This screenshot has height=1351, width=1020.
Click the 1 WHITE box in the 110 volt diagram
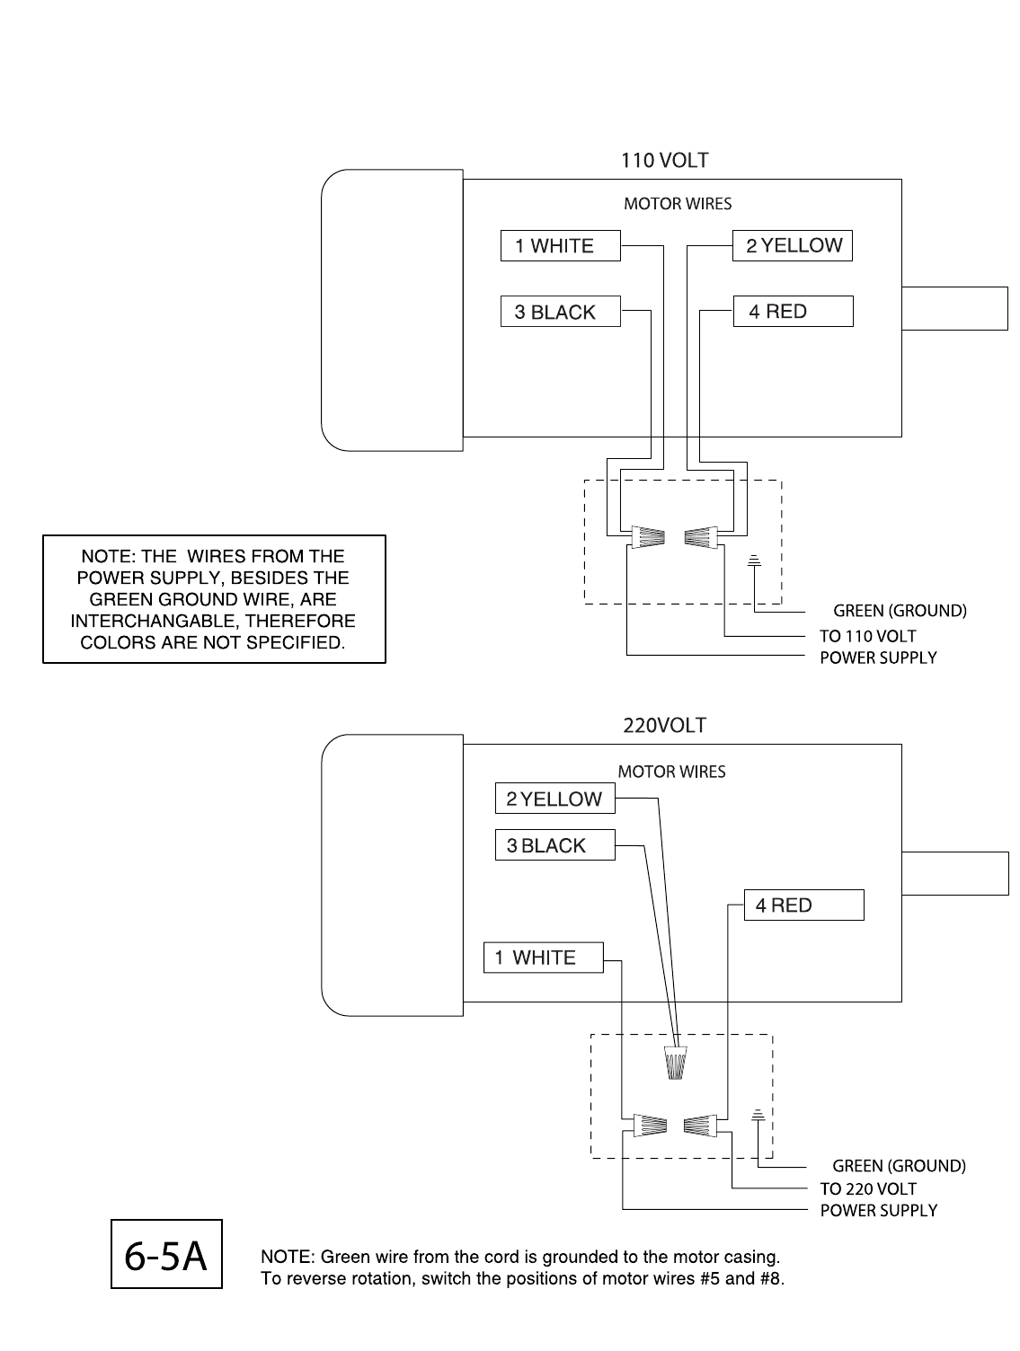tap(560, 246)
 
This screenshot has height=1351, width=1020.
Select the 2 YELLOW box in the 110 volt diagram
tap(793, 245)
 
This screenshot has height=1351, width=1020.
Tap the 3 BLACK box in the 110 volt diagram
tap(560, 312)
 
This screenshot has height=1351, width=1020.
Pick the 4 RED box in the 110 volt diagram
tap(793, 312)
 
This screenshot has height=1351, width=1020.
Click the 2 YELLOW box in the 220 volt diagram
tap(554, 799)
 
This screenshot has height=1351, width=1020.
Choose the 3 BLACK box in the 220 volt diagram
tap(554, 845)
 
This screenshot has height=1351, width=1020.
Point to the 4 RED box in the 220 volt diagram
tap(803, 905)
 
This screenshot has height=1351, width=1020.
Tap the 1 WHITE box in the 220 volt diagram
tap(543, 958)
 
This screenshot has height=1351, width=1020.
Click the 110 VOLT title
tap(664, 161)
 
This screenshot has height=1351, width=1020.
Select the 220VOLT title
tap(664, 726)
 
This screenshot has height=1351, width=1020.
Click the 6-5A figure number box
tap(166, 1254)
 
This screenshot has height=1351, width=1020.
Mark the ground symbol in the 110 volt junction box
tap(755, 562)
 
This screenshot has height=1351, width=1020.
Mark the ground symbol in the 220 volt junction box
tap(758, 1116)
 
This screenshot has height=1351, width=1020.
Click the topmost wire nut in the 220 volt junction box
tap(676, 1063)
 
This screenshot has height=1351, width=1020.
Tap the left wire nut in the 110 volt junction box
tap(647, 537)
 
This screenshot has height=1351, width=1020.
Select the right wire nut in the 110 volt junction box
tap(702, 537)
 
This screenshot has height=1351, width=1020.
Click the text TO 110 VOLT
tap(867, 636)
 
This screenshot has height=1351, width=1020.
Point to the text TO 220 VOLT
tap(867, 1188)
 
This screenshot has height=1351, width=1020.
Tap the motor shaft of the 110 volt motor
tap(954, 308)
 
